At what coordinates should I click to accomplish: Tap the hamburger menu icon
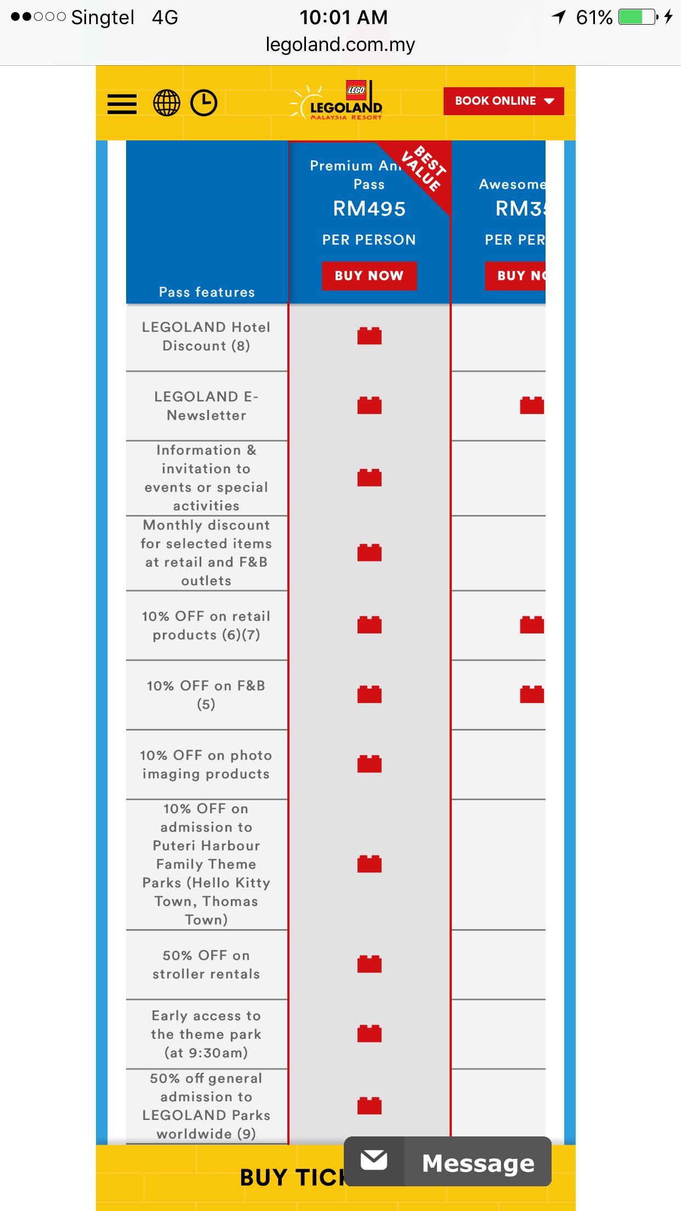(x=122, y=103)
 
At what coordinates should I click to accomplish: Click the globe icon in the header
(x=166, y=103)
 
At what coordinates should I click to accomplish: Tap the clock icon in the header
(x=204, y=103)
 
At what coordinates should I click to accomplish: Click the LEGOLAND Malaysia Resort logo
(x=337, y=102)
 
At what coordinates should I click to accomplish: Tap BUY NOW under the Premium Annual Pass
(x=369, y=276)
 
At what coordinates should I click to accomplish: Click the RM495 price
(x=369, y=209)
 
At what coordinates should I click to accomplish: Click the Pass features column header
(x=207, y=292)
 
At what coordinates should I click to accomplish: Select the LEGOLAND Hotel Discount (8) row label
(x=206, y=337)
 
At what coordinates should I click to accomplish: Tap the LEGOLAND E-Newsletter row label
(x=206, y=406)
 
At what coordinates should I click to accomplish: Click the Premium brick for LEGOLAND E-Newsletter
(x=369, y=405)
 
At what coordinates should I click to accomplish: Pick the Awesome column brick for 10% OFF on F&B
(x=532, y=694)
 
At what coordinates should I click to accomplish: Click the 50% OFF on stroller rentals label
(x=206, y=965)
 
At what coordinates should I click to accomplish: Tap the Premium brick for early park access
(x=369, y=1034)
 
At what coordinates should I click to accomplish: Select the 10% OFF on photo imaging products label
(x=206, y=765)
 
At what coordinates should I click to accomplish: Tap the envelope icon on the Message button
(x=374, y=1161)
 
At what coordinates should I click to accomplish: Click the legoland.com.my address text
(x=340, y=44)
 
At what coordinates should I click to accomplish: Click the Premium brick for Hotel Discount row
(x=369, y=336)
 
